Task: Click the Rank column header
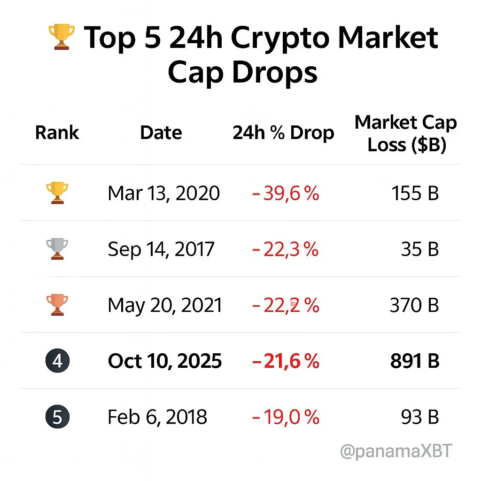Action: [x=57, y=133]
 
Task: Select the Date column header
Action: [x=161, y=133]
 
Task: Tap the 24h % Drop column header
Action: [x=283, y=133]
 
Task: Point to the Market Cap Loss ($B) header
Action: [x=406, y=133]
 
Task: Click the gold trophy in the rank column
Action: [x=57, y=193]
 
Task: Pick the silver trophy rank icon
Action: [x=57, y=249]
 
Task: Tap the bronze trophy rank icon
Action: [x=57, y=305]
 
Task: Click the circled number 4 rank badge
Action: [x=57, y=361]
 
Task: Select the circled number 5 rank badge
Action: [x=57, y=417]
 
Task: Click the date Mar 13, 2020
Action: [x=163, y=193]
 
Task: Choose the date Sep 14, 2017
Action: [x=161, y=249]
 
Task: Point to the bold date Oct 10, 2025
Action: [x=165, y=361]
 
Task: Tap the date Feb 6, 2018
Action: [x=157, y=417]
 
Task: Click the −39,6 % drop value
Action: [x=286, y=193]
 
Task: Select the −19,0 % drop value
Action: [x=286, y=417]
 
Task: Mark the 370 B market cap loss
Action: [x=414, y=305]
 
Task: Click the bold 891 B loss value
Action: [x=414, y=361]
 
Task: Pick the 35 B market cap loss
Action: [x=420, y=249]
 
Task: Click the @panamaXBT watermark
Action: [x=396, y=451]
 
